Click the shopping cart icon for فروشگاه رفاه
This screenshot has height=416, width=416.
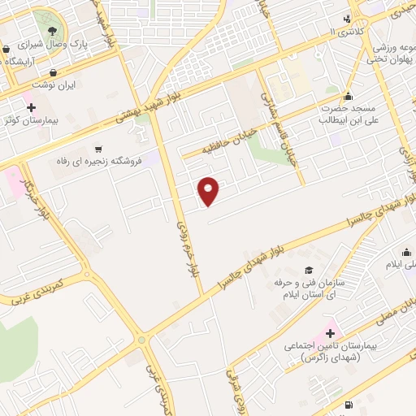pyautogui.click(x=99, y=149)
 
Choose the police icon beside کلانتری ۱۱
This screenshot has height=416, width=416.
pyautogui.click(x=348, y=18)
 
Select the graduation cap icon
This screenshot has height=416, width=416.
pyautogui.click(x=308, y=270)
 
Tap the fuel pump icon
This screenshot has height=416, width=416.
pyautogui.click(x=349, y=404)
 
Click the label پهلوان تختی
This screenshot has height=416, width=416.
pyautogui.click(x=388, y=59)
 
